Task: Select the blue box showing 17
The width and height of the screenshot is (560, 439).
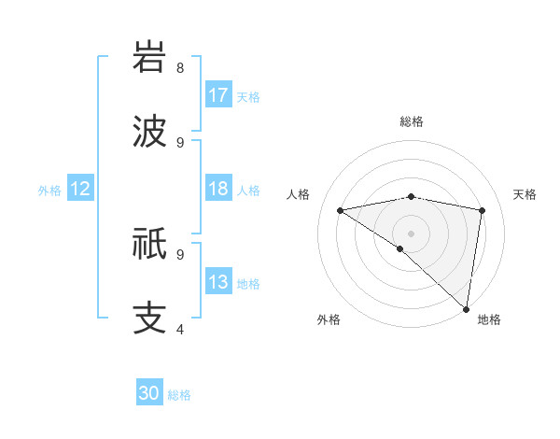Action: (x=218, y=95)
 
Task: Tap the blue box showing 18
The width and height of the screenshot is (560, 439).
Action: (x=218, y=189)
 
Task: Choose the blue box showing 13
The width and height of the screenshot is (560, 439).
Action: (x=218, y=282)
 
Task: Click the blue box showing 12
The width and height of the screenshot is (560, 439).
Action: (x=79, y=189)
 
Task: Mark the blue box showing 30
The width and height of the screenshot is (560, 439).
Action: (x=149, y=394)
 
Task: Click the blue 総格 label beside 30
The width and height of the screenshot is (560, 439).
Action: (x=180, y=395)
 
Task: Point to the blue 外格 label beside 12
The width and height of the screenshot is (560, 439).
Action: (x=49, y=190)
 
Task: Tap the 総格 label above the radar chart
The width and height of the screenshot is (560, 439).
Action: (x=412, y=121)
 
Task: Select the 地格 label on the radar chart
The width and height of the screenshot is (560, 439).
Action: (x=489, y=319)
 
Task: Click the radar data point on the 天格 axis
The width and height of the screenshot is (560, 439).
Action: (x=483, y=210)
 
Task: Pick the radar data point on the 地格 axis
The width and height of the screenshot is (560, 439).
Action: (x=467, y=308)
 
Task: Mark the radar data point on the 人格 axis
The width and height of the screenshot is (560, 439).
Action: (x=341, y=210)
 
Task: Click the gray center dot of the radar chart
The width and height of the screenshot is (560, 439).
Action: (x=412, y=233)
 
